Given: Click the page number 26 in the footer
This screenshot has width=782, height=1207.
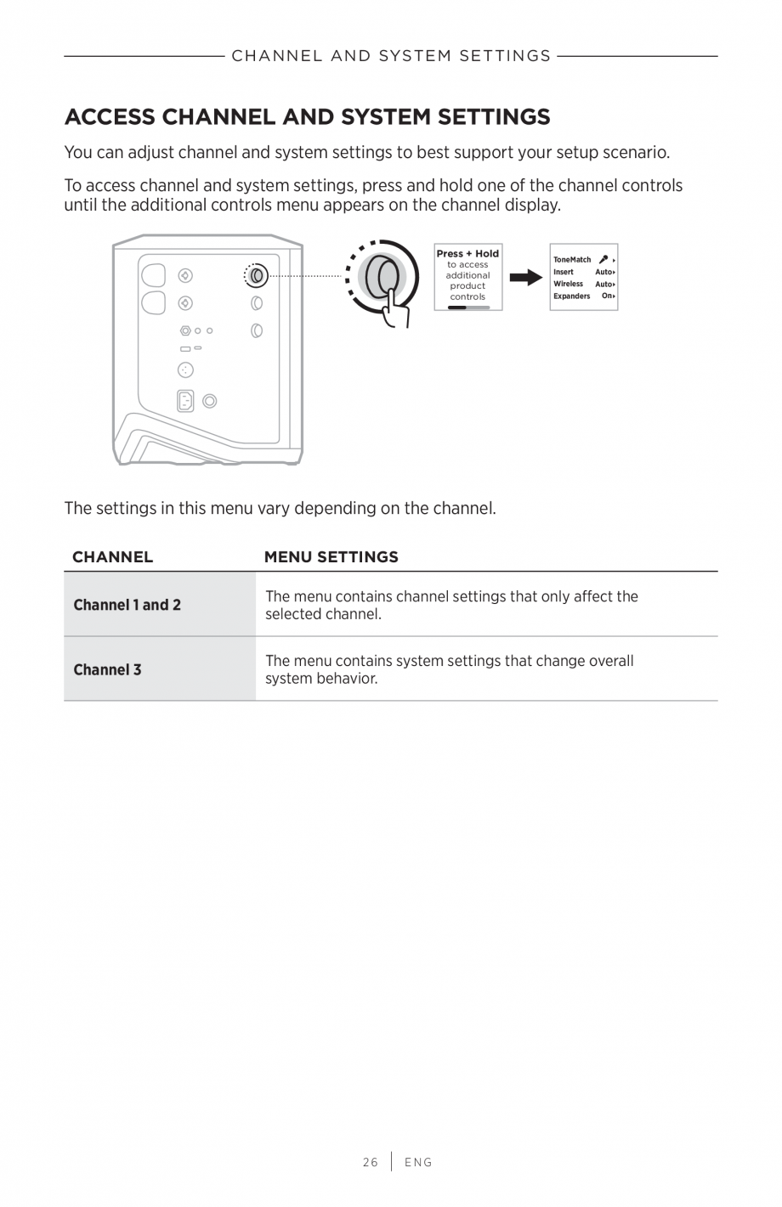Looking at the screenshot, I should point(370,1162).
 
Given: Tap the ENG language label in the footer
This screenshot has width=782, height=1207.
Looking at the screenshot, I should point(418,1162).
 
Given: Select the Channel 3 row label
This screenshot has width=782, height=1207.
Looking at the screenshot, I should point(107,669).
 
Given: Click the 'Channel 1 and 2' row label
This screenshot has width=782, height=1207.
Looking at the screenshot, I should point(127,605).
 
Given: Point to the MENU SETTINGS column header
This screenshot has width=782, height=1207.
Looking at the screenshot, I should point(331,557).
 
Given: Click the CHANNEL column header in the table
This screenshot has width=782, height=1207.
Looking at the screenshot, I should point(112,557).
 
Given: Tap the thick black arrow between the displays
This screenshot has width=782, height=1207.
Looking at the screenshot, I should point(525,277).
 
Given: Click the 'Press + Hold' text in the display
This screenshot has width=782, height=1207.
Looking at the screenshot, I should point(467,253).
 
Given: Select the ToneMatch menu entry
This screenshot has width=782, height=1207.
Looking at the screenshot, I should point(572,260).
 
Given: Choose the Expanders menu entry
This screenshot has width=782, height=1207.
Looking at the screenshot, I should point(571,296).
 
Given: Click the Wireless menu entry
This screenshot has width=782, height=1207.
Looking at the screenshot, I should point(568,284).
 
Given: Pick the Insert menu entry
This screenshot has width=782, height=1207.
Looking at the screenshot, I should point(563,272).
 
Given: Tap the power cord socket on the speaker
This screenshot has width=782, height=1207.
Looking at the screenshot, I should point(185,401).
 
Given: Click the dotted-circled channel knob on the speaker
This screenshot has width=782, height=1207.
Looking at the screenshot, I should point(256,275).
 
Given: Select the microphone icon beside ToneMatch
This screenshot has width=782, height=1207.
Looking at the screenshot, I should point(603,259).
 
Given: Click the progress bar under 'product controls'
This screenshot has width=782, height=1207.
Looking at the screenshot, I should point(467,307).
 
